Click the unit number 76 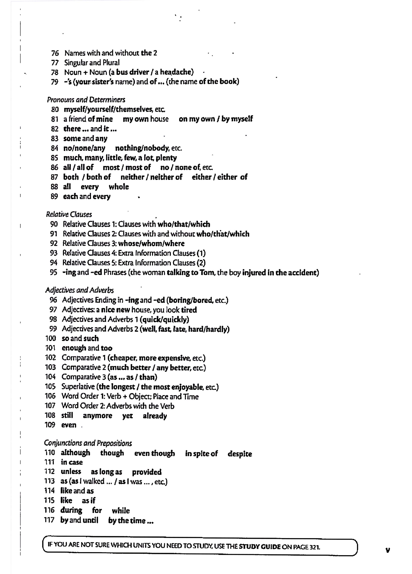point(55,53)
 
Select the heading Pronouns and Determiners point(86,100)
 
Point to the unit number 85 point(54,158)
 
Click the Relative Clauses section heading point(69,214)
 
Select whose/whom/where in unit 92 point(151,243)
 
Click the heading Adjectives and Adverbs point(79,290)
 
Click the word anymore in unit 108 point(97,416)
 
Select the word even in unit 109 point(69,425)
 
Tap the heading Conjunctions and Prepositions point(88,443)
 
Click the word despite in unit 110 point(240,454)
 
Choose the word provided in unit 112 point(147,472)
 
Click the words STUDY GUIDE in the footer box point(260,547)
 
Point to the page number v point(388,548)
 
